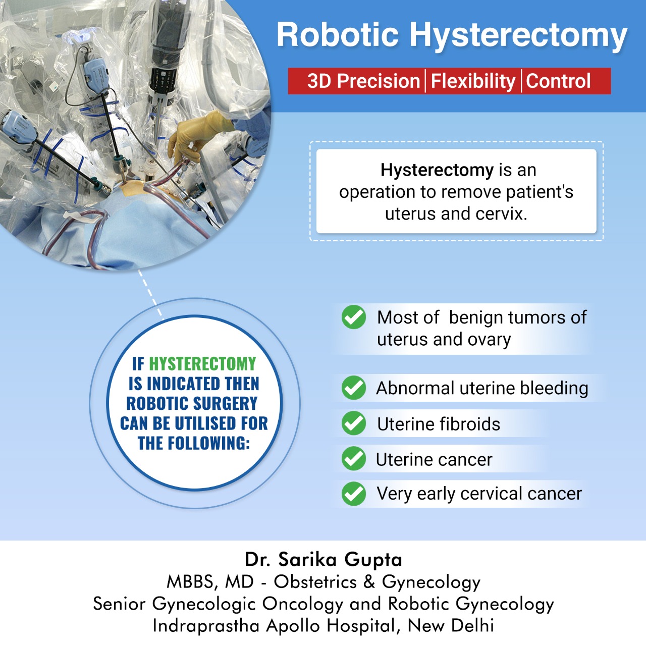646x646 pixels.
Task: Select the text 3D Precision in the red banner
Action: coord(363,81)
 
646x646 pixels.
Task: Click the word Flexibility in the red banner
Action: coord(473,81)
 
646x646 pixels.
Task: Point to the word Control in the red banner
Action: coord(558,81)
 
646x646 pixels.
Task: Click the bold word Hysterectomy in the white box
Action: coord(437,170)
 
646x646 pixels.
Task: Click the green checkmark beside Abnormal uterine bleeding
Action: coord(354,388)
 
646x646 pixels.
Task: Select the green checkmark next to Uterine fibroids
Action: coord(354,423)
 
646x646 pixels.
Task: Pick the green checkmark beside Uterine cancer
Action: coord(354,459)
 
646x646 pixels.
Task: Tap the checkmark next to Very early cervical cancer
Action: coord(354,494)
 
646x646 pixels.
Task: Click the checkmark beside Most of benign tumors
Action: coord(354,317)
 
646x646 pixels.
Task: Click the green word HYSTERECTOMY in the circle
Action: coord(202,363)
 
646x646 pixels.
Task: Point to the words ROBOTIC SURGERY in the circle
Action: coord(192,403)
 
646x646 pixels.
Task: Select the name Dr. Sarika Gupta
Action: coord(323,559)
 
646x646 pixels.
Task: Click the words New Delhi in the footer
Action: coord(451,625)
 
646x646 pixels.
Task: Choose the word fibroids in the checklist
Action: coord(469,424)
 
